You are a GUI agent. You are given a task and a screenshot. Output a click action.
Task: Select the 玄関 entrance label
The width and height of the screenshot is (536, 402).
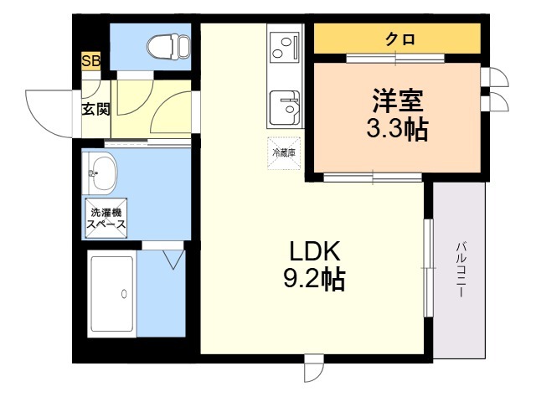(x=93, y=108)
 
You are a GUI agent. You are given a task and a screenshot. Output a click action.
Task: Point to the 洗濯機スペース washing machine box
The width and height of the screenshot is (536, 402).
(x=106, y=216)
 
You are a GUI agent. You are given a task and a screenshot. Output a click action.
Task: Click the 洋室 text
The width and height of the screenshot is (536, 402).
(x=399, y=100)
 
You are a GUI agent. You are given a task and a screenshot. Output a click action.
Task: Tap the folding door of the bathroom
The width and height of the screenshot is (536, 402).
(x=174, y=256)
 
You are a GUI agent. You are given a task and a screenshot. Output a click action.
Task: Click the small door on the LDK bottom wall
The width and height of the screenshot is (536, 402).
(x=313, y=368)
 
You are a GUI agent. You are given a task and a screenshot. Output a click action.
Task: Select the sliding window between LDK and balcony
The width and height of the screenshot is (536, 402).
(x=428, y=267)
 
